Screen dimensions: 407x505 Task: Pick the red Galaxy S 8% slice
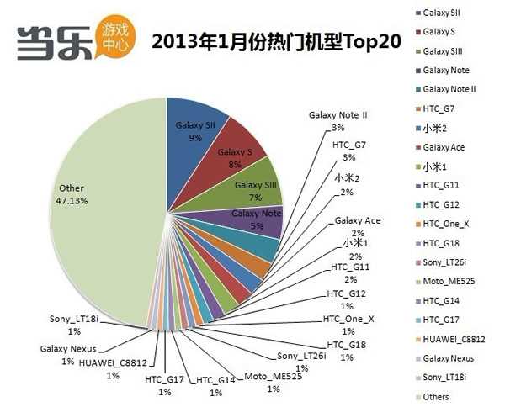(236, 151)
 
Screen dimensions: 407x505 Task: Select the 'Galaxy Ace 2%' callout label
(358, 226)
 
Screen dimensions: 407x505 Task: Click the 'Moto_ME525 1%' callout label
(273, 383)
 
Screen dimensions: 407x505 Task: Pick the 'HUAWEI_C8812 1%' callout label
(113, 369)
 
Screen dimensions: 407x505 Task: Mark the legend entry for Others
(437, 395)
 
